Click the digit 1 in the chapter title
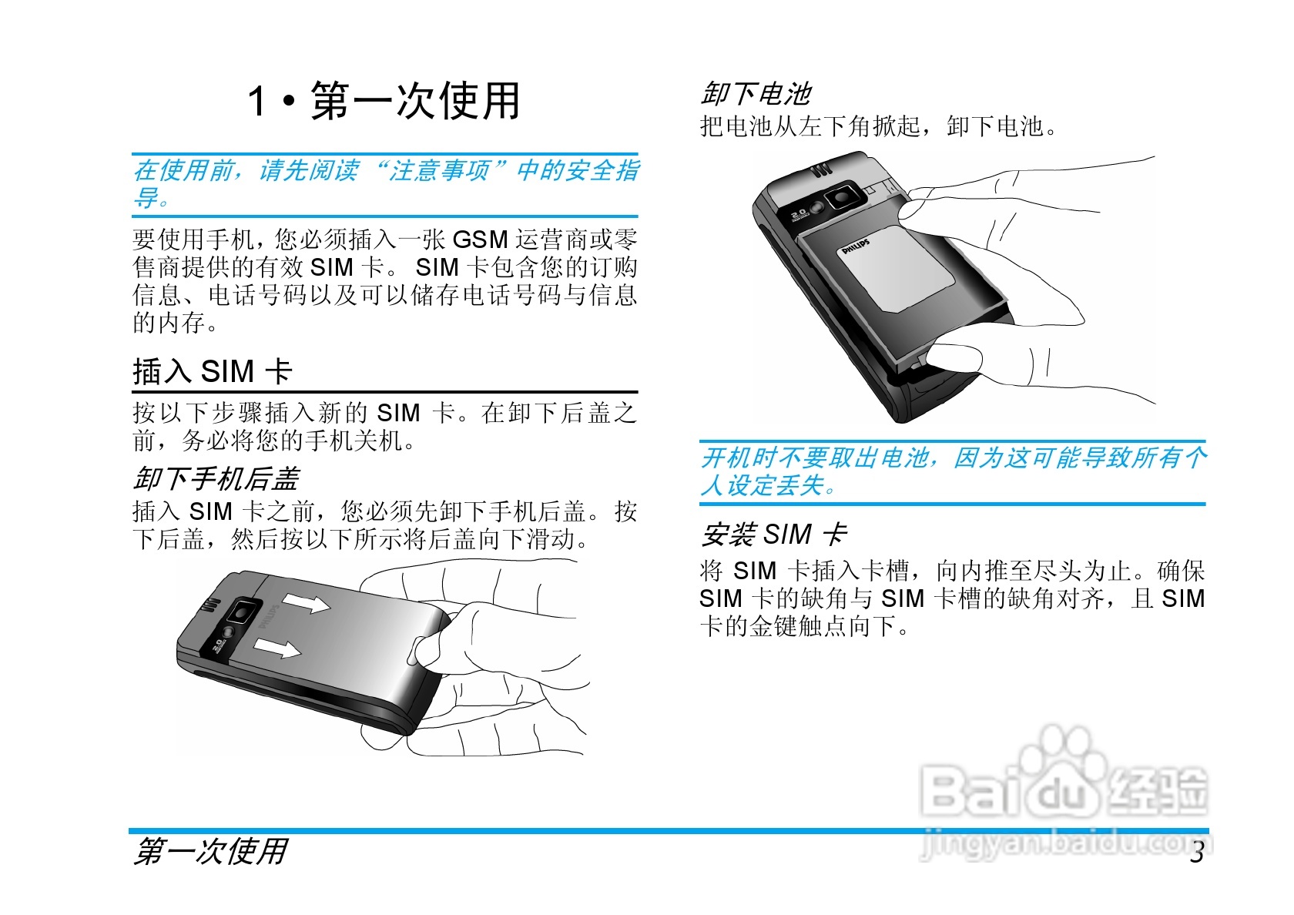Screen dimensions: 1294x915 [256, 101]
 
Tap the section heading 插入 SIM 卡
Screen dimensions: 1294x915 [213, 371]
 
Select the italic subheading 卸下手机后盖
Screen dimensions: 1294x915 [216, 479]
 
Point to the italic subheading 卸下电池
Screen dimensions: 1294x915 [756, 94]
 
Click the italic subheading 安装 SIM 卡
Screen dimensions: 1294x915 [774, 535]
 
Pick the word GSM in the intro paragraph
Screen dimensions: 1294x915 [480, 239]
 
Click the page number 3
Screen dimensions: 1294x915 [1196, 852]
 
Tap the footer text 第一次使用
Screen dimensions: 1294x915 [210, 852]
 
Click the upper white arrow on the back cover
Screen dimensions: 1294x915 [306, 602]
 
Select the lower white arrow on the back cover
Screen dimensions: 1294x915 [277, 648]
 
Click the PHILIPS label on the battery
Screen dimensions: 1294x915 [856, 246]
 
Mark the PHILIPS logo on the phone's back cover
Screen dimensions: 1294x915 [270, 617]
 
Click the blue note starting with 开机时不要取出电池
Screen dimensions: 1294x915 [953, 471]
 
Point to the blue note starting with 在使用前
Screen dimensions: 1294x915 [385, 183]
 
